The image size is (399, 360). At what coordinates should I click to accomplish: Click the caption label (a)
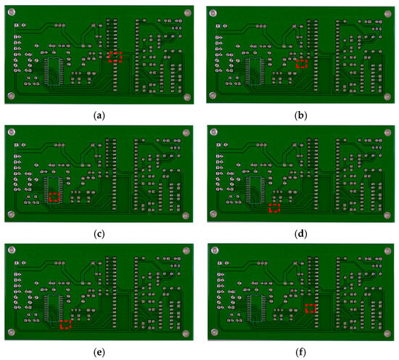point(99,115)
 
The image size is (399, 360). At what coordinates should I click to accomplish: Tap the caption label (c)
point(99,234)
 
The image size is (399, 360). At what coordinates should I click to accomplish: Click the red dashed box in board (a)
point(114,57)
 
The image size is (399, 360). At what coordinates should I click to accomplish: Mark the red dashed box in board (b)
point(301,63)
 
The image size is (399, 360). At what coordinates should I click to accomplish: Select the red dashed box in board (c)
point(54,197)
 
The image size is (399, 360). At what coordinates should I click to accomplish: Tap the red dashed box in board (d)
point(273,208)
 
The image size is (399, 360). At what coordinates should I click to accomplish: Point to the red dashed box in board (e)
point(65,325)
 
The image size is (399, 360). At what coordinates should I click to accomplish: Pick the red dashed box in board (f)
point(310,308)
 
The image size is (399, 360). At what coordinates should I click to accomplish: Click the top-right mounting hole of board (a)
point(187,12)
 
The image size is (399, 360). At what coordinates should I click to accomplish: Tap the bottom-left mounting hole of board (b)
point(213,95)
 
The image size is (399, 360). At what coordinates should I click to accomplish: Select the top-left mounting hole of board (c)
point(12,132)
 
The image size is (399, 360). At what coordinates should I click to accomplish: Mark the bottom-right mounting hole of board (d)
point(387,215)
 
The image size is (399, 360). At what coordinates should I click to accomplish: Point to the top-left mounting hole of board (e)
point(12,251)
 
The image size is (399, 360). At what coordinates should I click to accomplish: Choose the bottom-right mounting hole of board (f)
point(387,334)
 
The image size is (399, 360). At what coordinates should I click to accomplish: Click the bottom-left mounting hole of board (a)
point(12,95)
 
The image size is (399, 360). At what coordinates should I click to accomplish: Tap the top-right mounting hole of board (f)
point(387,251)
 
